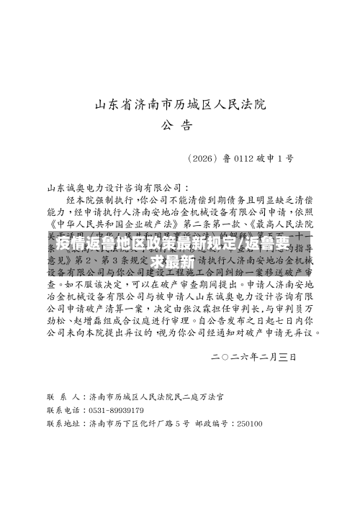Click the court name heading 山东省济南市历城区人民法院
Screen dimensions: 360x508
(180, 106)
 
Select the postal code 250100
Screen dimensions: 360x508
(249, 423)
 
